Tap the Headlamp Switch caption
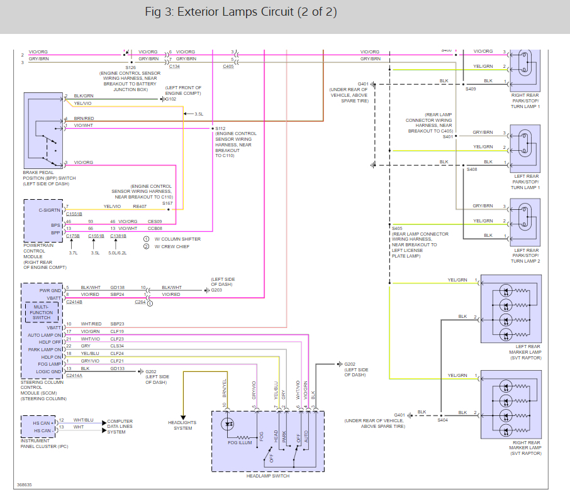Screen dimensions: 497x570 pos(268,476)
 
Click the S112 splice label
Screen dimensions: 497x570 pos(220,128)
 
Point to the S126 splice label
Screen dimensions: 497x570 pos(130,67)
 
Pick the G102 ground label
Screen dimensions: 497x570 pos(170,99)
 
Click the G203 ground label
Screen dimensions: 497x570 pos(216,290)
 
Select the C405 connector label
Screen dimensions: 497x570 pos(228,67)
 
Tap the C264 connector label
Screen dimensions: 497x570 pos(140,302)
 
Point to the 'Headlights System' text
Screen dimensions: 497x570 pos(184,425)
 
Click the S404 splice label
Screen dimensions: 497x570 pos(443,420)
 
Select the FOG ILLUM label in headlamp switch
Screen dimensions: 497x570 pos(239,442)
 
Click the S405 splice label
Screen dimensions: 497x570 pos(397,229)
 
